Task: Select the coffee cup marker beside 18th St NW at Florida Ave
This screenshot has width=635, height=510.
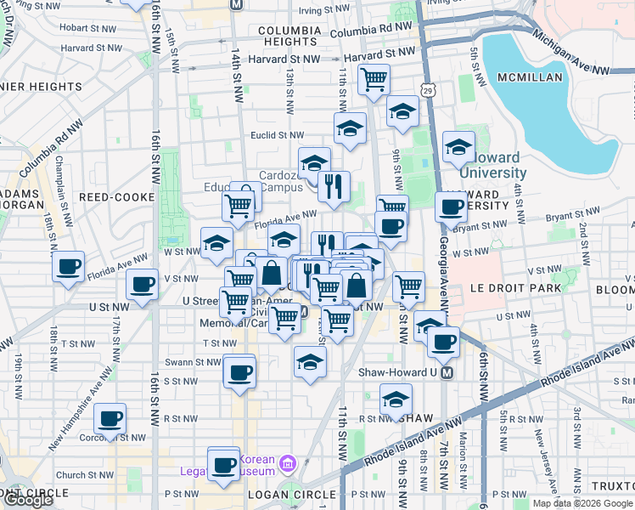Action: coord(68,266)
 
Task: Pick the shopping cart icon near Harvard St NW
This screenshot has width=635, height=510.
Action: coord(374,80)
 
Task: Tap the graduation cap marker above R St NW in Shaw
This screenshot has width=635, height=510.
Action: coord(396,399)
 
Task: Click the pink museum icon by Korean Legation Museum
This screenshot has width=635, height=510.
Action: coord(287,463)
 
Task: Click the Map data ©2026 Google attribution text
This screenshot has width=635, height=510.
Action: coord(582,503)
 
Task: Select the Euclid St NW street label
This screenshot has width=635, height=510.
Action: coord(276,134)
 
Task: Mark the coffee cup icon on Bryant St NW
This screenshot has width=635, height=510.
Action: coord(452,207)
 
